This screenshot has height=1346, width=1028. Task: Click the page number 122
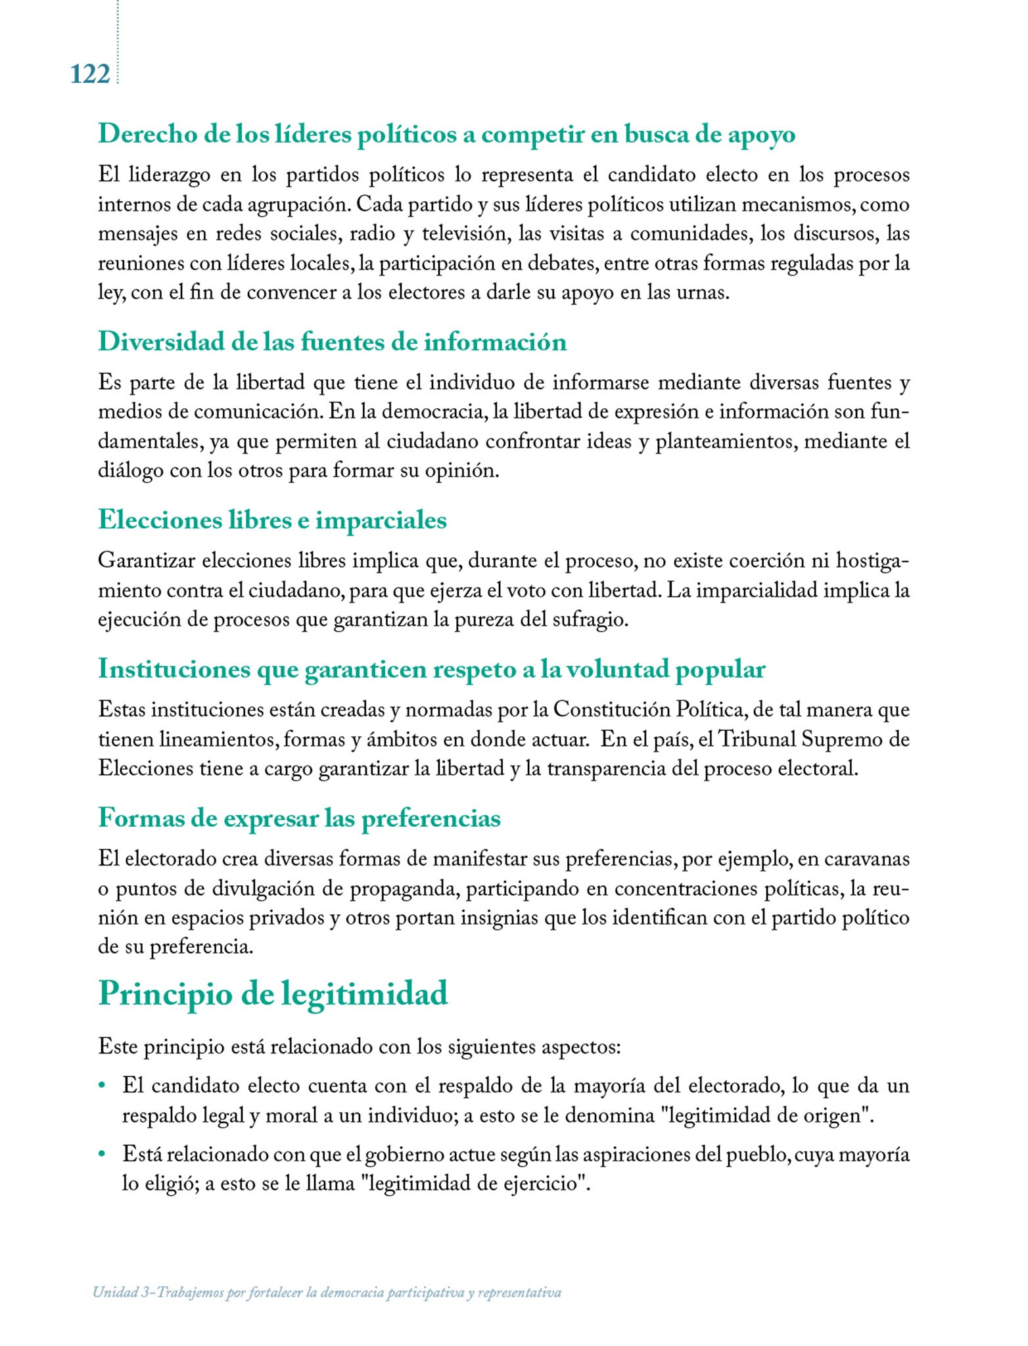tap(90, 74)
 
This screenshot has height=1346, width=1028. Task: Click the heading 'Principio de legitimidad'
tap(273, 993)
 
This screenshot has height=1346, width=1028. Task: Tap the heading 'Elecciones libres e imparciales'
tap(272, 520)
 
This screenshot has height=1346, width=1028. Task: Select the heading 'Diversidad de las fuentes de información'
tap(332, 342)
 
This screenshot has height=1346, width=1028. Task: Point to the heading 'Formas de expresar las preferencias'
tap(299, 818)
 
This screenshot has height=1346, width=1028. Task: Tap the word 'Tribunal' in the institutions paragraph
tap(757, 739)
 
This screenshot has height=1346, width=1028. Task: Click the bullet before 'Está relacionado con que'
tap(103, 1154)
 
